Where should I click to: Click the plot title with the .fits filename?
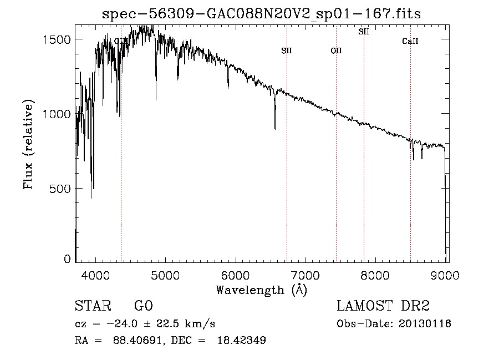(x=262, y=14)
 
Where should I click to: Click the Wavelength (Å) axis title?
(x=262, y=290)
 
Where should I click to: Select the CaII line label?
(x=410, y=41)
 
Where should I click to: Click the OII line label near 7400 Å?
(x=336, y=51)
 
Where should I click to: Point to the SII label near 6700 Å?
(x=287, y=51)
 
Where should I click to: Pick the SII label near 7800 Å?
(x=364, y=32)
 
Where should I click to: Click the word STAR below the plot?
(x=93, y=306)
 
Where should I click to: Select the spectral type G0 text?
(x=143, y=306)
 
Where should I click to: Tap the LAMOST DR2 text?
(x=383, y=306)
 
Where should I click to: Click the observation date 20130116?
(x=425, y=324)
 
